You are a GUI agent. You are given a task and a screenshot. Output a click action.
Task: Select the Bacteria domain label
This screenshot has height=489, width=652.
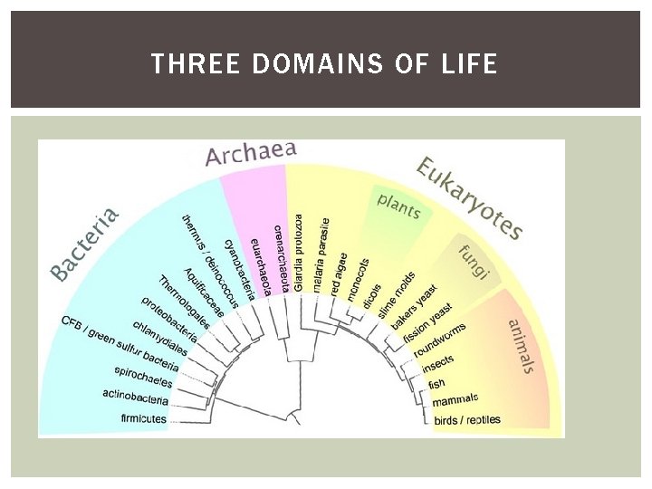84,243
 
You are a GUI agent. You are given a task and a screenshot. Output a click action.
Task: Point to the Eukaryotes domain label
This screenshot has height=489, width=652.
469,198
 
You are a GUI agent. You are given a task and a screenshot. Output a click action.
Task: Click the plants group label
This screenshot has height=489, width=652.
398,206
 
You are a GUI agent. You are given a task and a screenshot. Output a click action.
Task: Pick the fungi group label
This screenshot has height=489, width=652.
474,262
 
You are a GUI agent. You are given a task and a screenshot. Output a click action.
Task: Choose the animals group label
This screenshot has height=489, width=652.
521,345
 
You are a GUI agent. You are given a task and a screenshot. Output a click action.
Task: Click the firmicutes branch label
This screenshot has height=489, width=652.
144,418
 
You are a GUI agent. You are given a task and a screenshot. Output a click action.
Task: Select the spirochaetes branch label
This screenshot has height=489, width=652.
142,373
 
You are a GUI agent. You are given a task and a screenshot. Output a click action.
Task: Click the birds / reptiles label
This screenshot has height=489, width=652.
466,419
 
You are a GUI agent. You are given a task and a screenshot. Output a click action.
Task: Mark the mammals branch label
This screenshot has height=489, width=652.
455,399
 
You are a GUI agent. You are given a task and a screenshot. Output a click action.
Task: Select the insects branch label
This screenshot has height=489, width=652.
439,364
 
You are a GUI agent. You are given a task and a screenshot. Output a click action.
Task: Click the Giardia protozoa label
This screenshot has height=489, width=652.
299,251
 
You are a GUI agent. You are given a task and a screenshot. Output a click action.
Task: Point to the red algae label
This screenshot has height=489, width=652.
340,268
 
